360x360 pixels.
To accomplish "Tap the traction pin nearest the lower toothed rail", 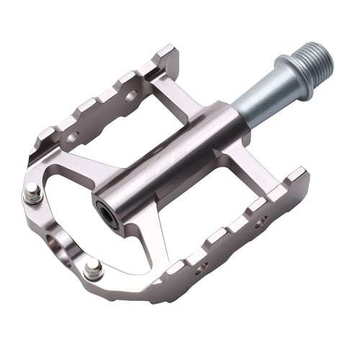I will click(x=91, y=271).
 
